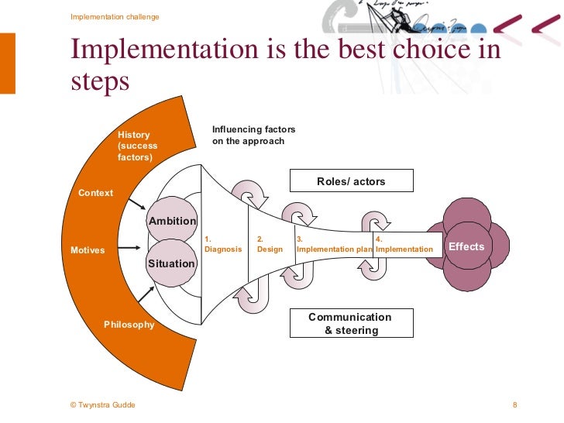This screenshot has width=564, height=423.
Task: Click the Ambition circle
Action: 172,221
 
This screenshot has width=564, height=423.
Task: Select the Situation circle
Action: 171,263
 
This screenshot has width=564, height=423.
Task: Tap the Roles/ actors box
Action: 351,181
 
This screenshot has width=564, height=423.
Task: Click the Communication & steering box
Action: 350,323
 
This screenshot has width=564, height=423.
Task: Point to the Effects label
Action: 466,247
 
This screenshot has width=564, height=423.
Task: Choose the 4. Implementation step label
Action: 404,245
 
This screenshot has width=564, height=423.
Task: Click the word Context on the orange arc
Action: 96,193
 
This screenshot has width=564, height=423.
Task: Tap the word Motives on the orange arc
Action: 88,251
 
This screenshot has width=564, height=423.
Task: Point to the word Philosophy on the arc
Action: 129,325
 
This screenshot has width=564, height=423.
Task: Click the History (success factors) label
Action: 138,146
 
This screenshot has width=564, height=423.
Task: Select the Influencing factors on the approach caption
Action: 254,136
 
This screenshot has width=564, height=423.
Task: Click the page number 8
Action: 515,405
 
